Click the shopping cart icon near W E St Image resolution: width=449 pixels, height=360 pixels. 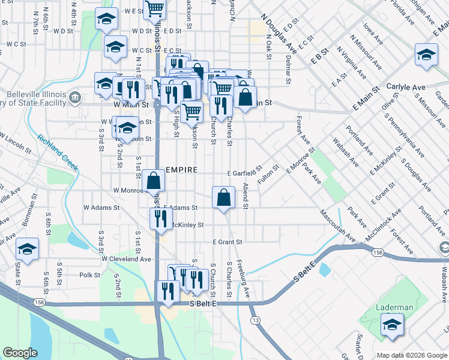coord(155,9)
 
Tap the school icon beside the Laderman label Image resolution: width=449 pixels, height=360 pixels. coord(392,325)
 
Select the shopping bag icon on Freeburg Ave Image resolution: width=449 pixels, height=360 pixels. coord(223,197)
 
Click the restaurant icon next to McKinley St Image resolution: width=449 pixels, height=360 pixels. coord(160,218)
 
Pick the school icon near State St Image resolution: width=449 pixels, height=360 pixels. coord(27,248)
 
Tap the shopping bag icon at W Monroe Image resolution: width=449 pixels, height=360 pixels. coord(154,180)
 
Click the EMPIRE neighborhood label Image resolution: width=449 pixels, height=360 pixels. coord(181,170)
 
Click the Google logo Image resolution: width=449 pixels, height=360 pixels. coord(20,353)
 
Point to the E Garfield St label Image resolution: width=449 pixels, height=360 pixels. coord(245,173)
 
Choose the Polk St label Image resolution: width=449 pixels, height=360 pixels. coord(89,275)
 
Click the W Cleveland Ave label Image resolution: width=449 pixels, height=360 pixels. coord(126,259)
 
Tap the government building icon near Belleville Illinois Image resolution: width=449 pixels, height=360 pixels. coord(75,97)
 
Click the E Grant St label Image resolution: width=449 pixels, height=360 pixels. coord(227,242)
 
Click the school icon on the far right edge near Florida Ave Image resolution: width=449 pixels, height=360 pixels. coord(426,55)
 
